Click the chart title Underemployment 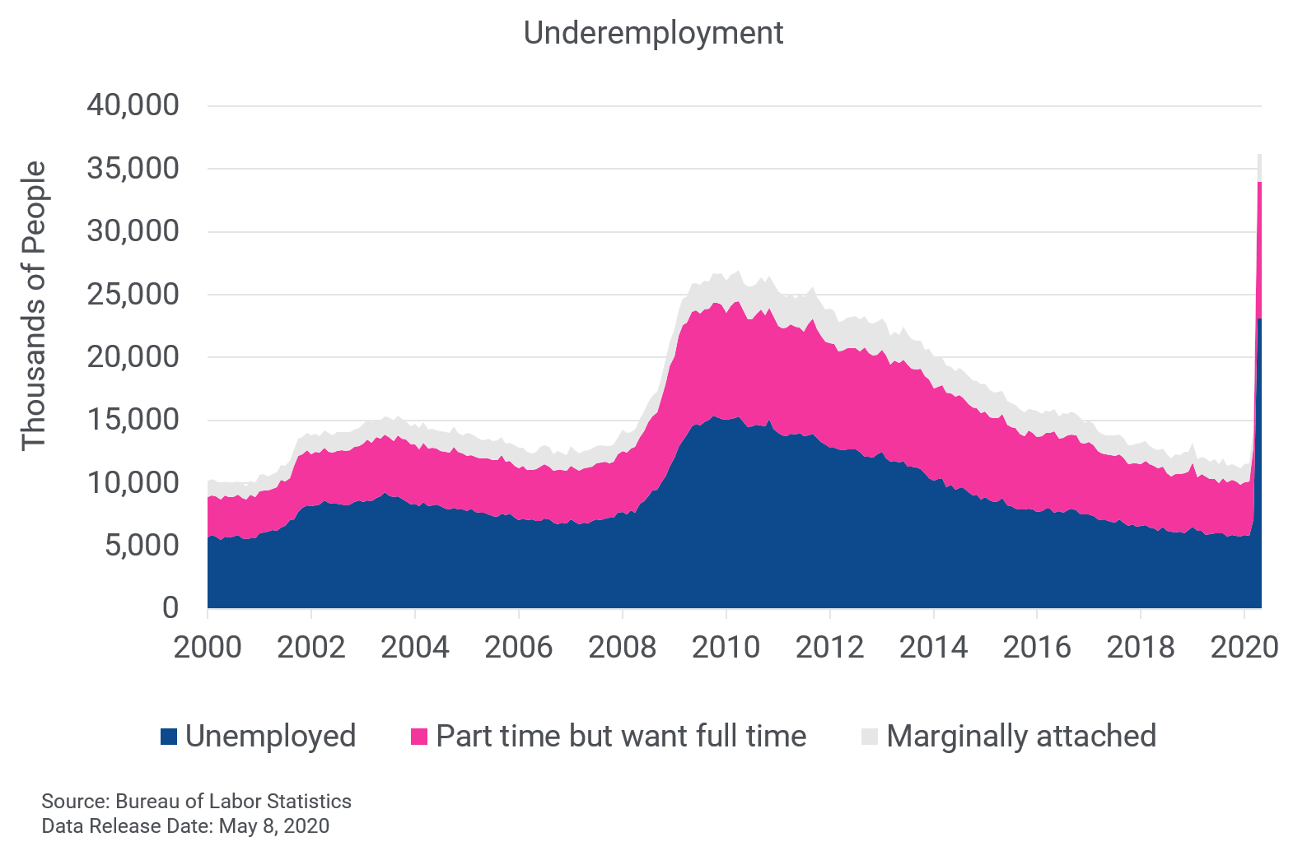(653, 33)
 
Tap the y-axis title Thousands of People (34, 305)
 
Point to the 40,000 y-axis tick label (133, 105)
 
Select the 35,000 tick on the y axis (133, 168)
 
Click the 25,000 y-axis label (133, 294)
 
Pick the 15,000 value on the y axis (133, 420)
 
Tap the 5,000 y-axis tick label (142, 545)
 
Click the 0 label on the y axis (170, 607)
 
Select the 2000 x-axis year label (208, 648)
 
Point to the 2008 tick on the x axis (623, 648)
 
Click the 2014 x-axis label (933, 648)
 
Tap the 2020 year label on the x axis (1244, 648)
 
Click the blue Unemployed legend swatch (169, 737)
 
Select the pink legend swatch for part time (419, 737)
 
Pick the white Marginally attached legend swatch (870, 737)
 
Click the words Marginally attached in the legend (1021, 736)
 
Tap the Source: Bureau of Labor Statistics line (196, 801)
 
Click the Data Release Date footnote (185, 825)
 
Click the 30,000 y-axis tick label (133, 231)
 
